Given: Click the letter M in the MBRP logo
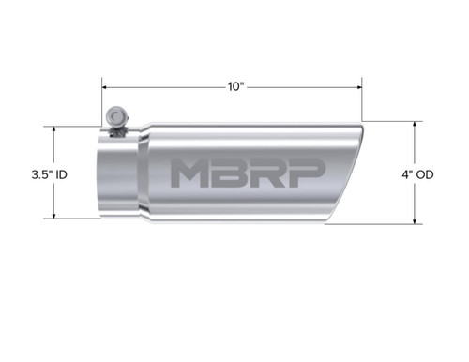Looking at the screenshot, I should click(192, 173).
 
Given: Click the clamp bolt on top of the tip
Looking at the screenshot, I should click(116, 117).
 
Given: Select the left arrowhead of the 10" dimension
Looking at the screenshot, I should click(105, 85).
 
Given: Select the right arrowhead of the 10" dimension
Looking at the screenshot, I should click(361, 85).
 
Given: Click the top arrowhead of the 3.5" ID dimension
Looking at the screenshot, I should click(53, 130).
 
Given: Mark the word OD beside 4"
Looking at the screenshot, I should click(423, 174).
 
